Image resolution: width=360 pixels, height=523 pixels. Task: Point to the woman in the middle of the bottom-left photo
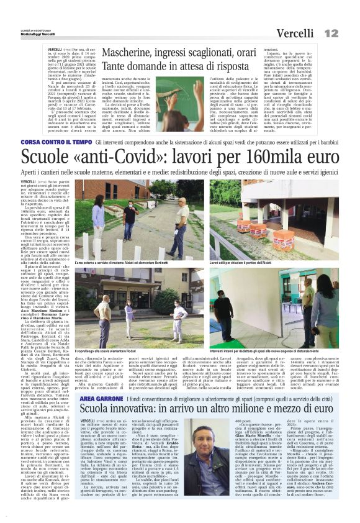(128, 318)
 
